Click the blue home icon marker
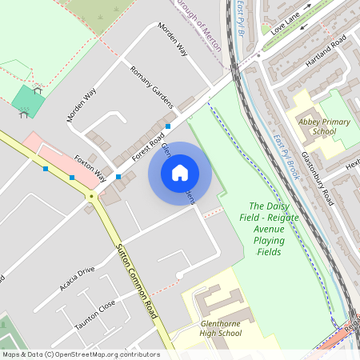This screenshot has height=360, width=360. click(x=180, y=173)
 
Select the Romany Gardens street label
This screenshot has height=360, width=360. click(x=151, y=86)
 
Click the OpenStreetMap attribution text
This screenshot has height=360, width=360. click(x=80, y=354)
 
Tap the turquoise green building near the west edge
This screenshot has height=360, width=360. click(x=29, y=101)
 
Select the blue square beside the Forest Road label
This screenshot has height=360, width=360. click(x=168, y=126)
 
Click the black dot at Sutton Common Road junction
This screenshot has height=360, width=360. click(x=91, y=195)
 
